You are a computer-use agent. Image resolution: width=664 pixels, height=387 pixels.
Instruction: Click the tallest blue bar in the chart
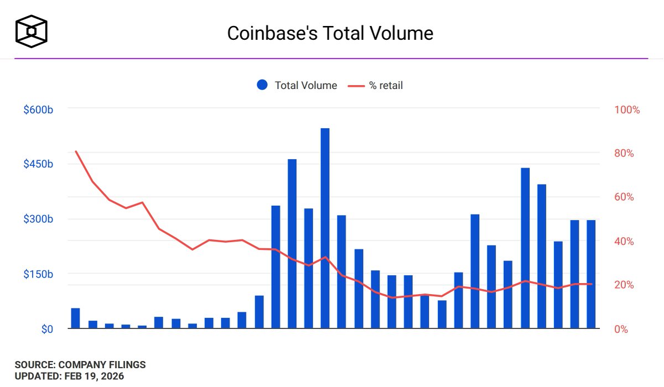pyautogui.click(x=325, y=228)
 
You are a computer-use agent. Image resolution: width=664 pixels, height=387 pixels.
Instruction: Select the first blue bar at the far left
pyautogui.click(x=75, y=318)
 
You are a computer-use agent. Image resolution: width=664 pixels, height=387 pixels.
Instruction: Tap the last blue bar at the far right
pyautogui.click(x=591, y=274)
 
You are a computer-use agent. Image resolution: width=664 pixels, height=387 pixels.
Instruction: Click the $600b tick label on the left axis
pyautogui.click(x=38, y=110)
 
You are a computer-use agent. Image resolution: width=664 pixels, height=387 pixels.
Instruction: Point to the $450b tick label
pyautogui.click(x=38, y=165)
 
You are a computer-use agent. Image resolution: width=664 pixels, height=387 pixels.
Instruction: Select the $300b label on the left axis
pyautogui.click(x=38, y=219)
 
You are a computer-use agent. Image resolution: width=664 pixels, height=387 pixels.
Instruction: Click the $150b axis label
pyautogui.click(x=38, y=274)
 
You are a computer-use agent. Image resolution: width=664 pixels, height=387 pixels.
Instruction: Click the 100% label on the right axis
pyautogui.click(x=627, y=110)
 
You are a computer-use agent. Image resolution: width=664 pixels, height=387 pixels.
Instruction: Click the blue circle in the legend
pyautogui.click(x=262, y=85)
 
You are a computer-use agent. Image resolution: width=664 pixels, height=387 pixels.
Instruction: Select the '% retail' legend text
pyautogui.click(x=386, y=85)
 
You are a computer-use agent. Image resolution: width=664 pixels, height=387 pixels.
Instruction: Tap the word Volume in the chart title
pyautogui.click(x=403, y=33)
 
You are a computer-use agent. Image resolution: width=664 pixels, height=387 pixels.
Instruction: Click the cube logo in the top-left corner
pyautogui.click(x=32, y=32)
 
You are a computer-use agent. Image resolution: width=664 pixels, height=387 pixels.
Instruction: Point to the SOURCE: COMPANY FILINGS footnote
pyautogui.click(x=80, y=365)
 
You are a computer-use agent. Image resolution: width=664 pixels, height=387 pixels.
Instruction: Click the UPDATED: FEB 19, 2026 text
pyautogui.click(x=69, y=376)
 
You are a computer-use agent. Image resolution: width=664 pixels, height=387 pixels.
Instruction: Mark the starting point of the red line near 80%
pyautogui.click(x=76, y=151)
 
